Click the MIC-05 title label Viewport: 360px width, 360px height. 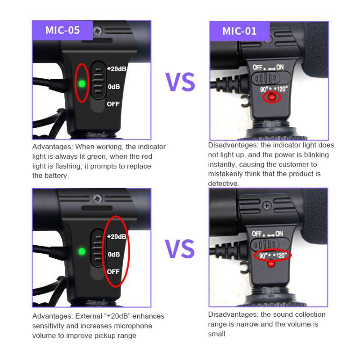coord(63,30)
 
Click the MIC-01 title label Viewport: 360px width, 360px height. coord(239,31)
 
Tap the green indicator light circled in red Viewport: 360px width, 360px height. coord(82,84)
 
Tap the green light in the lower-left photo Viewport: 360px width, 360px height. coord(82,252)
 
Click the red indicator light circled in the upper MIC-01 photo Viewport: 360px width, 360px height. coord(272,97)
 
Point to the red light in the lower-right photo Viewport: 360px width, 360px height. coord(271,264)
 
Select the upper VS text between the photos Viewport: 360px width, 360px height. coord(180,82)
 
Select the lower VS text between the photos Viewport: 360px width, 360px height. coord(180,249)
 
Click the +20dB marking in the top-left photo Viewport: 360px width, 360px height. coord(117,69)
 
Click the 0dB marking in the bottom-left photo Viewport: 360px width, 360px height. coord(114,254)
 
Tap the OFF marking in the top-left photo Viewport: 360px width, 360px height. coord(113,104)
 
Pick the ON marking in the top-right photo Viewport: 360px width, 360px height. coord(280,67)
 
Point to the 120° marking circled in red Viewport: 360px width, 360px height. coord(282,255)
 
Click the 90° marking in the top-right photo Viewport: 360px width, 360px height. coord(264,89)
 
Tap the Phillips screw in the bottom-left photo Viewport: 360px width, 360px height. coord(97,198)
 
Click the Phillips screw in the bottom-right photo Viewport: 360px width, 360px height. coord(266,206)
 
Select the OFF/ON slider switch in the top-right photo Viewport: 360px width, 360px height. coord(271,78)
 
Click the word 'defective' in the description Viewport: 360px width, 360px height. coord(223,184)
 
